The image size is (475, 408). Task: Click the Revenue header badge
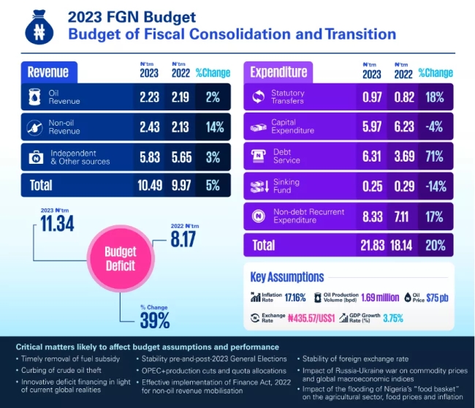point(48,72)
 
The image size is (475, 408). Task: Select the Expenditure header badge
point(278,72)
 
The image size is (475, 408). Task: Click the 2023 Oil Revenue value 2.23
point(151,97)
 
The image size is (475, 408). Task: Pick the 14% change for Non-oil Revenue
point(214,126)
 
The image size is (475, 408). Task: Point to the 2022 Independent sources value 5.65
point(182,156)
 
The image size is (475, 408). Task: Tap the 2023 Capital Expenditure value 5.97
point(373,126)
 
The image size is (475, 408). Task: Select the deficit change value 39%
point(155,320)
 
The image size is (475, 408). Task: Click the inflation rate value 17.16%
point(294,298)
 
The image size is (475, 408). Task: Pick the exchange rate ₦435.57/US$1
point(310,319)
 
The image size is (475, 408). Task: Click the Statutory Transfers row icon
point(257,97)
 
